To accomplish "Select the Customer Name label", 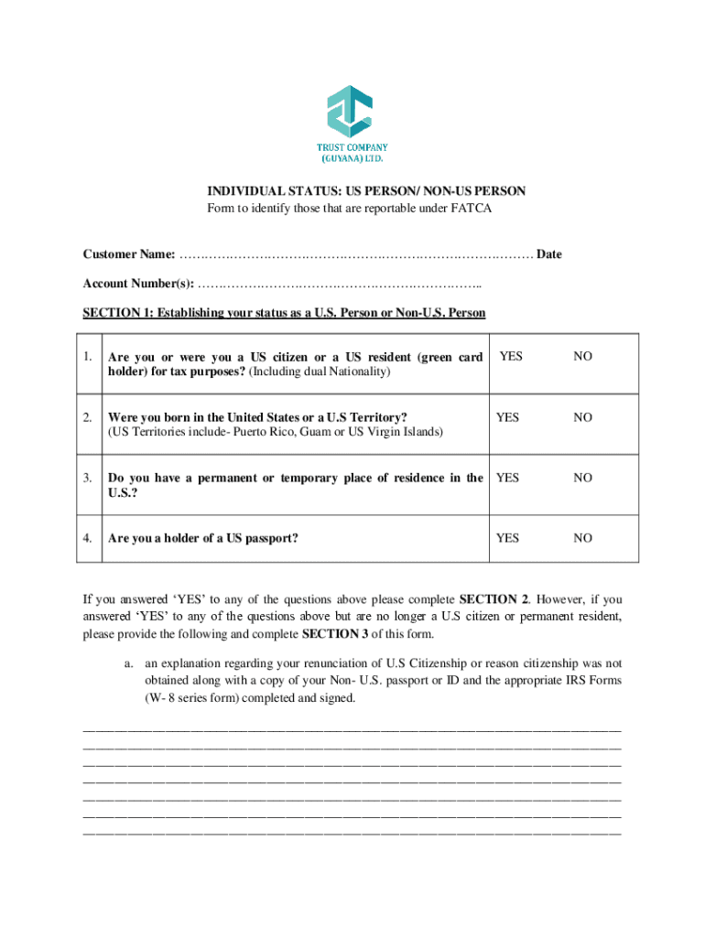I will pyautogui.click(x=129, y=254).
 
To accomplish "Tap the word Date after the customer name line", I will pyautogui.click(x=548, y=254).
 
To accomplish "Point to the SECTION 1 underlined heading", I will pyautogui.click(x=284, y=313).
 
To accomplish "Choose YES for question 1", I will pyautogui.click(x=511, y=357).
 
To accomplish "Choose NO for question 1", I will pyautogui.click(x=582, y=357).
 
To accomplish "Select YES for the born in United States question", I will pyautogui.click(x=507, y=417).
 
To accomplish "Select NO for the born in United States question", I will pyautogui.click(x=582, y=417).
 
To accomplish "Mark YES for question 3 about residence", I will pyautogui.click(x=507, y=478).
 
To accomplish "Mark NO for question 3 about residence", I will pyautogui.click(x=582, y=478).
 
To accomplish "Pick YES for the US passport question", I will pyautogui.click(x=507, y=538).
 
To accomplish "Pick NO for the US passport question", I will pyautogui.click(x=582, y=538).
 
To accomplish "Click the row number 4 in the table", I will pyautogui.click(x=88, y=538).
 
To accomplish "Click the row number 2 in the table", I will pyautogui.click(x=88, y=417).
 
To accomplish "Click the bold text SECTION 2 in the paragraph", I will pyautogui.click(x=493, y=600).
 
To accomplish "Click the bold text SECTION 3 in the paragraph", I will pyautogui.click(x=334, y=633).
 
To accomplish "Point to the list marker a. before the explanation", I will pyautogui.click(x=129, y=663).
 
